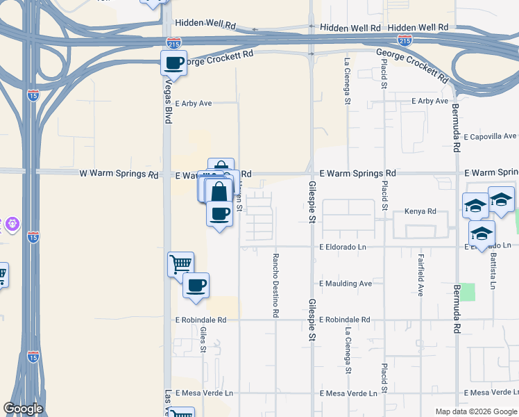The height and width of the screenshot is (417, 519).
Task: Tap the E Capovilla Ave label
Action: [x=490, y=136]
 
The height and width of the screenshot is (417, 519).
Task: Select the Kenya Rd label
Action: [x=420, y=211]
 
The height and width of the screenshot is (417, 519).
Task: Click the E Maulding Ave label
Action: [x=346, y=284]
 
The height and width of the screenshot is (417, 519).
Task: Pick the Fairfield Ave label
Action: [x=421, y=275]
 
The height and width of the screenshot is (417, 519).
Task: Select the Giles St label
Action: [x=203, y=339]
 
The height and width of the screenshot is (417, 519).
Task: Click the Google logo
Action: [x=23, y=409]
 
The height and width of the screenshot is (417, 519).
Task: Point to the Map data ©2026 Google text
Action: [x=476, y=411]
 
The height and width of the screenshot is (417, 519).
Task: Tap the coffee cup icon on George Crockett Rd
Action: [x=173, y=63]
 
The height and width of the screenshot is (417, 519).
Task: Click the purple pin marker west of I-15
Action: [x=12, y=224]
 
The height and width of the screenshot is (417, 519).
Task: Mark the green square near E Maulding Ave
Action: [x=469, y=292]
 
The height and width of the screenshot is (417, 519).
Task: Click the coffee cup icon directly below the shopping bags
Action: [x=220, y=213]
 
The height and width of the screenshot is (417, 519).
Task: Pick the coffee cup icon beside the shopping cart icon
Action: [x=196, y=285]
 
